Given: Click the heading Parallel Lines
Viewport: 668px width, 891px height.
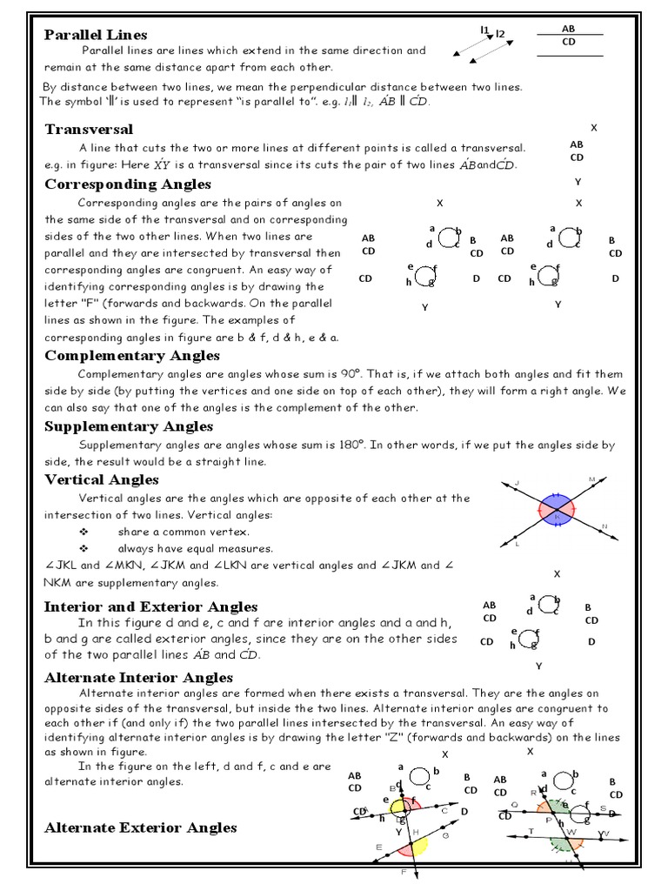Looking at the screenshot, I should click(x=96, y=35).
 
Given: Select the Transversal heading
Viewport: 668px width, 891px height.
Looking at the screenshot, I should click(x=89, y=129).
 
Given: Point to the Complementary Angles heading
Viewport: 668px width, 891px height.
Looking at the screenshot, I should click(x=132, y=355).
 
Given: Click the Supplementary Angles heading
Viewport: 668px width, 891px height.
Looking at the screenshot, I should click(x=129, y=425).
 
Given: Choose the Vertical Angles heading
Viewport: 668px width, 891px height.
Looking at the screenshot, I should click(x=102, y=479).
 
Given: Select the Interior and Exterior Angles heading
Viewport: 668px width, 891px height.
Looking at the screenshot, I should click(x=150, y=606).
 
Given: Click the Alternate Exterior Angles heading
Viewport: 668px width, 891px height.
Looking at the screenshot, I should click(x=140, y=827).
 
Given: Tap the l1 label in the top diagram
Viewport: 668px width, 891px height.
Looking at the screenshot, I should click(x=484, y=30).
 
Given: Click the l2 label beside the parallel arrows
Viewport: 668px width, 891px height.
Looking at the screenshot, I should click(x=500, y=34).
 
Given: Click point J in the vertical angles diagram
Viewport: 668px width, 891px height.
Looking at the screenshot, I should click(x=517, y=482).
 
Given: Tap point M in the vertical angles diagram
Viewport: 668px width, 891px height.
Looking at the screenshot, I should click(x=591, y=479).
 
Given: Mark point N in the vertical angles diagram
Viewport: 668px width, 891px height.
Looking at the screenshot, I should click(x=604, y=526).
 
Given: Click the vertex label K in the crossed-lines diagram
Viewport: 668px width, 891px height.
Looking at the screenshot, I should click(x=557, y=517).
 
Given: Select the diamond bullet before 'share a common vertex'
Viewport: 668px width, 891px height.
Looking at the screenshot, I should click(x=83, y=532).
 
